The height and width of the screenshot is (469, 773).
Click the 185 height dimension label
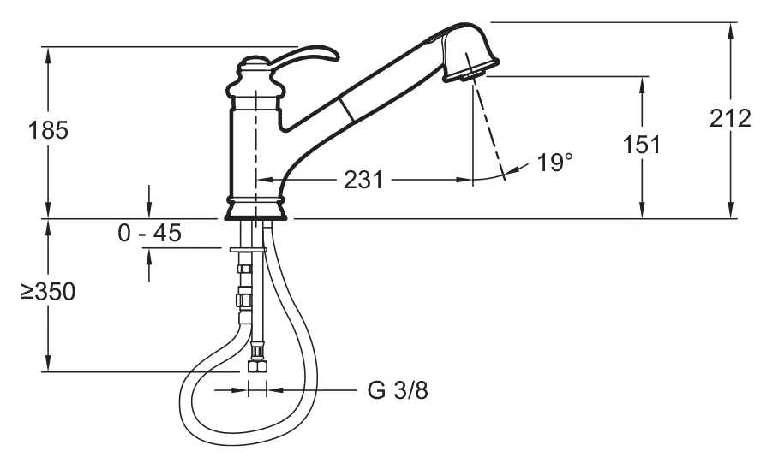[x=48, y=130]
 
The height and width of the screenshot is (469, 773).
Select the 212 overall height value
[x=730, y=118]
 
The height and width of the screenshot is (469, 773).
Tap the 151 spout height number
[x=641, y=145]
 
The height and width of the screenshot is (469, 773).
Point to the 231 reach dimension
[x=363, y=180]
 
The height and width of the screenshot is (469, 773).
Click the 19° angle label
[x=554, y=163]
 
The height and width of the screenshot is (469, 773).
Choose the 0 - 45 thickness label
[x=150, y=233]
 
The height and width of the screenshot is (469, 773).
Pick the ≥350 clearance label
[x=48, y=292]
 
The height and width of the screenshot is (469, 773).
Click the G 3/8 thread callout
[x=398, y=390]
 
